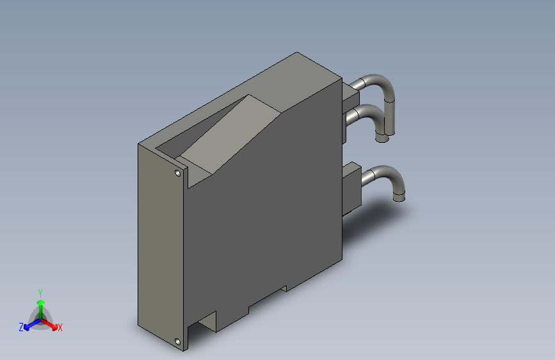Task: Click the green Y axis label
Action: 40,291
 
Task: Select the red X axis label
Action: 60,328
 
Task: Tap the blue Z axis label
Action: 21,327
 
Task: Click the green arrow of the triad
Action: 40,304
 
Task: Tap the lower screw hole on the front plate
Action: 177,342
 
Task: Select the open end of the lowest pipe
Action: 399,197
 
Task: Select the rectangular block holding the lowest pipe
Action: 351,186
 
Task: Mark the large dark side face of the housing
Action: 269,211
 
